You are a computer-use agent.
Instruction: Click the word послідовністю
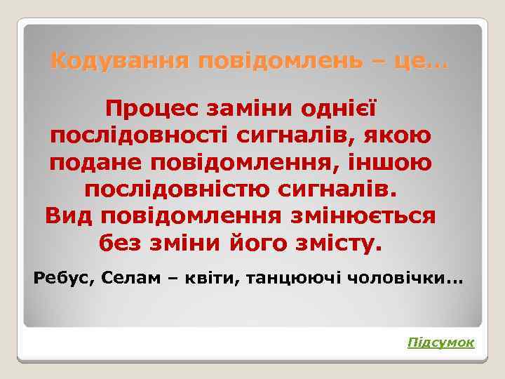coord(168,189)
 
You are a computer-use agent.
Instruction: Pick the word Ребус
coord(65,278)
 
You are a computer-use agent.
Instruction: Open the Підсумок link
coord(441,342)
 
